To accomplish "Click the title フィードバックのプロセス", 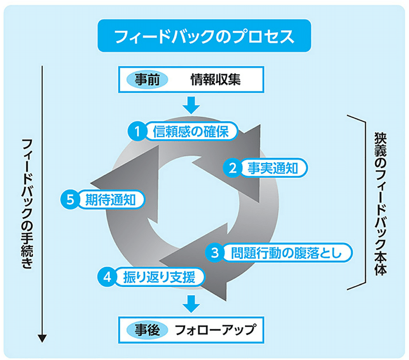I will pyautogui.click(x=204, y=36).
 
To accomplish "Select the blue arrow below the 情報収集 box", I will pyautogui.click(x=191, y=105).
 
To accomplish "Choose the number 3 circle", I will pyautogui.click(x=215, y=252).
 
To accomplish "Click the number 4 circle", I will pyautogui.click(x=107, y=277).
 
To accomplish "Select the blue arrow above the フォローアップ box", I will pyautogui.click(x=191, y=303).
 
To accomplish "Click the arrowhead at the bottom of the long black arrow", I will pyautogui.click(x=42, y=339).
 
